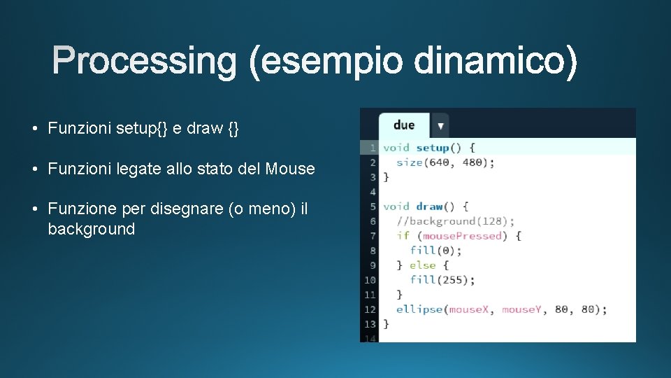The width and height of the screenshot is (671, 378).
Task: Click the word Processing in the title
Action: [x=145, y=62]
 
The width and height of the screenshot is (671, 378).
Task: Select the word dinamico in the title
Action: [x=496, y=62]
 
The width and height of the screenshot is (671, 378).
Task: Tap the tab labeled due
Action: [x=403, y=125]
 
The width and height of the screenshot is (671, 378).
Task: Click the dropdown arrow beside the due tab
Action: [x=440, y=126]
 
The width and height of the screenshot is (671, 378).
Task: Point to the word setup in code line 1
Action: [x=432, y=148]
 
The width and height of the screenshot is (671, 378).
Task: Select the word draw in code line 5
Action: [x=429, y=206]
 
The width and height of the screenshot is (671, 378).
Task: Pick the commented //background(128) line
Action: [x=455, y=221]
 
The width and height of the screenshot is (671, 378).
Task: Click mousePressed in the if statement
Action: [x=462, y=236]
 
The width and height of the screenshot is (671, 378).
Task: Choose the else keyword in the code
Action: [x=422, y=265]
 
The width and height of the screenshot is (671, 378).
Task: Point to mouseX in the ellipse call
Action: [x=468, y=309]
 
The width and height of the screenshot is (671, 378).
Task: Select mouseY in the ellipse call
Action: [x=521, y=309]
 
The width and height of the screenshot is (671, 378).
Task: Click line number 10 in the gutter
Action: [x=369, y=280]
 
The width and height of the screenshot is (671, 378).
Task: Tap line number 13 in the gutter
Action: [x=369, y=324]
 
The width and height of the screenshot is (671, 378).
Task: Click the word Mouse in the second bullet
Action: [x=290, y=169]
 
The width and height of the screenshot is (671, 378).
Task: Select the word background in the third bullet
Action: [x=91, y=230]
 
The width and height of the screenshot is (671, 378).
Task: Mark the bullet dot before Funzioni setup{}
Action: [x=34, y=129]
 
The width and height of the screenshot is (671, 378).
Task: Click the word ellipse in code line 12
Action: [x=419, y=309]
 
